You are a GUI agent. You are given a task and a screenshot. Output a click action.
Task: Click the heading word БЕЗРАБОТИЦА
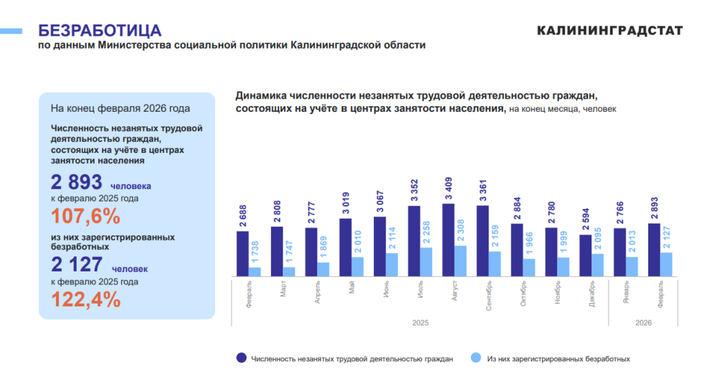click(100, 31)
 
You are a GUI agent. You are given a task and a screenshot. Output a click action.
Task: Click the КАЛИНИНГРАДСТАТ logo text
click(609, 31)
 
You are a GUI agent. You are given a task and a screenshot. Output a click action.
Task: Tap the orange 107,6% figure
click(86, 217)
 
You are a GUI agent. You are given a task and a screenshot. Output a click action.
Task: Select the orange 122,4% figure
click(86, 300)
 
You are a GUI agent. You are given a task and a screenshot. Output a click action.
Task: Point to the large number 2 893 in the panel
click(77, 182)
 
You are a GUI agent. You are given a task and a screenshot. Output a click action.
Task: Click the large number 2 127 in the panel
click(77, 265)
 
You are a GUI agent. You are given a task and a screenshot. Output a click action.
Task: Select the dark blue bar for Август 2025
click(448, 240)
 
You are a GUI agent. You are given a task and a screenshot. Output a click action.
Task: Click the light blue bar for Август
click(461, 261)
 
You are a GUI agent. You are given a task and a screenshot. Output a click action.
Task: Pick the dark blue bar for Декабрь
click(585, 256)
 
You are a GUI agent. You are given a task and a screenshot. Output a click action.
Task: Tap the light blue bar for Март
click(289, 271)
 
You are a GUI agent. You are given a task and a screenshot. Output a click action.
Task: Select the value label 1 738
click(255, 253)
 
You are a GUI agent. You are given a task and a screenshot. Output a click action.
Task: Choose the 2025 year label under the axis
click(420, 322)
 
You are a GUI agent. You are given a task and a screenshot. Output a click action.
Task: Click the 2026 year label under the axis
click(643, 322)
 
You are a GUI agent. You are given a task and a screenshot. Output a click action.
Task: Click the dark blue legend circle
click(241, 358)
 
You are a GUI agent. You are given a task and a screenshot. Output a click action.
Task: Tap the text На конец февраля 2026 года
click(120, 108)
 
